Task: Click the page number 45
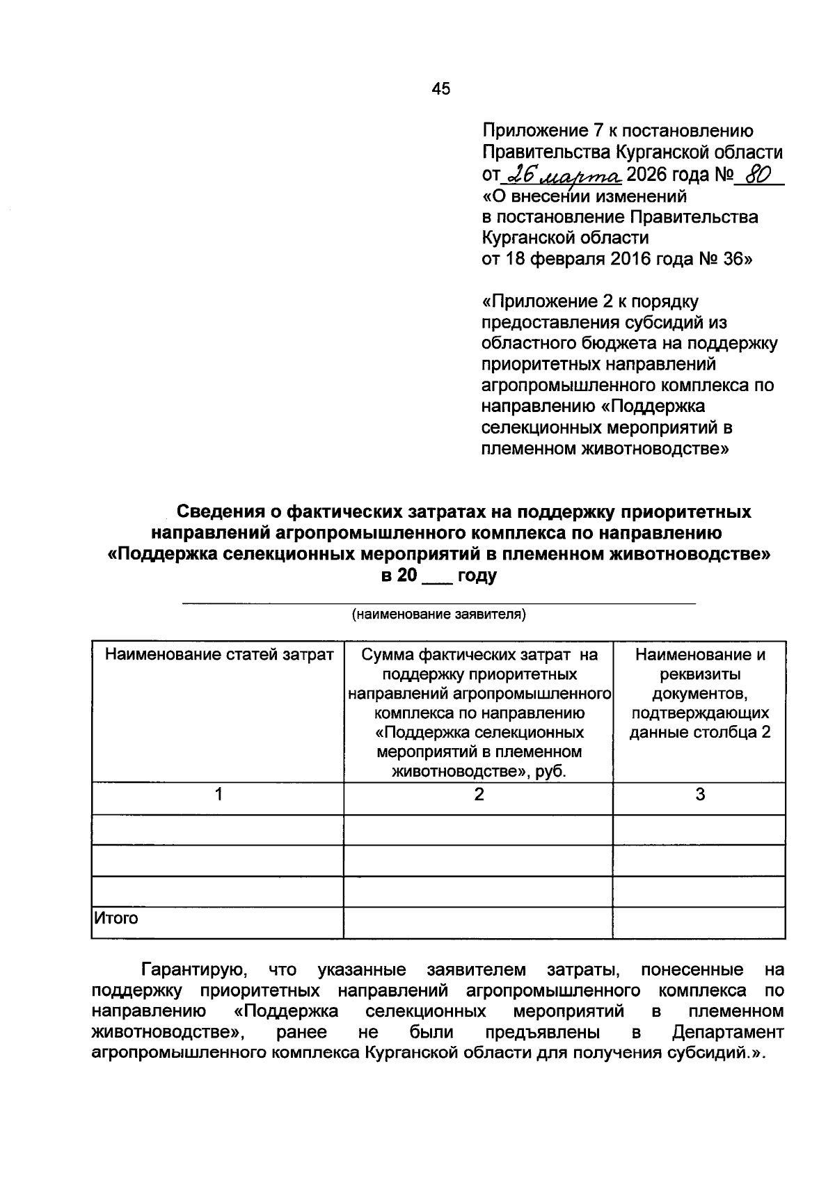440,88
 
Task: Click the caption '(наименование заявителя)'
439,615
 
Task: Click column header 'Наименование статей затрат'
218,655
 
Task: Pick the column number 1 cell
218,795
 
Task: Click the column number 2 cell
479,795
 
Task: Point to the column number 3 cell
700,795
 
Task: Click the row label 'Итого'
117,919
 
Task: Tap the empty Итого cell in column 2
479,923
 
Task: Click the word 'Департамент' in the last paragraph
728,1032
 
